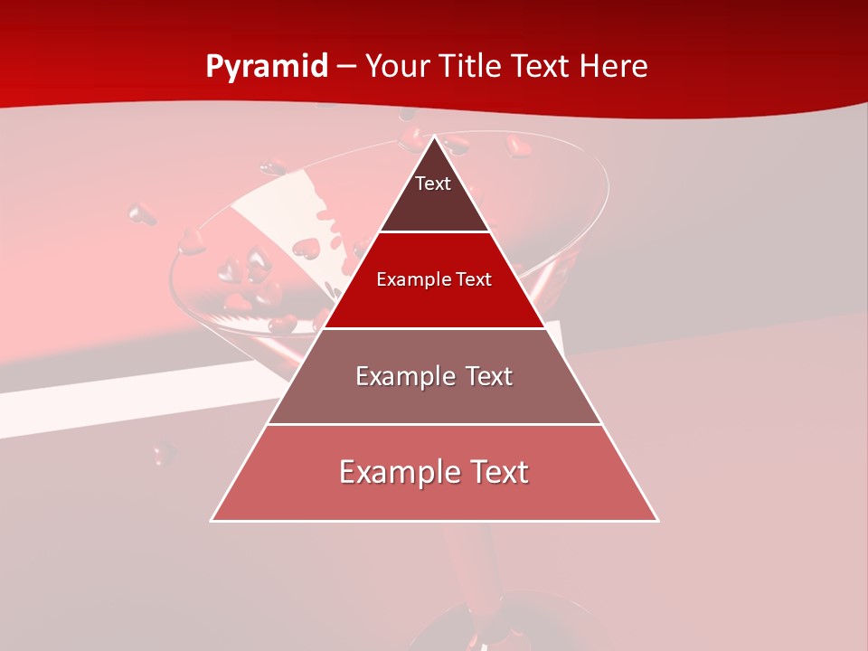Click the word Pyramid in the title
coord(267,67)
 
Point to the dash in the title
coord(346,67)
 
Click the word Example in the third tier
coord(404,376)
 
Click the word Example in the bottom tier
coord(397,472)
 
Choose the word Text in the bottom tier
coord(496,472)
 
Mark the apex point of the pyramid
coord(435,137)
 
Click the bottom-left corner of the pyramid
coord(212,520)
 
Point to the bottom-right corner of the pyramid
coord(657,520)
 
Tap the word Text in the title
coord(541,67)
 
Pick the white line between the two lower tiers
coord(434,424)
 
